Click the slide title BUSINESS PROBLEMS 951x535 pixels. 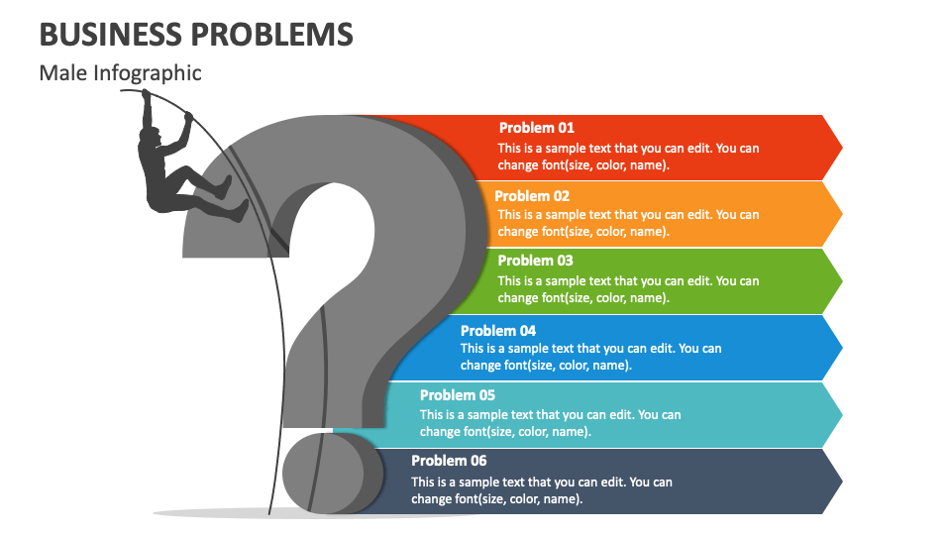pos(196,34)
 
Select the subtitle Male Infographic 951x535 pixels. pos(120,73)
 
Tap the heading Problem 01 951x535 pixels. pos(536,128)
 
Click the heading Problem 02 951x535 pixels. pos(532,196)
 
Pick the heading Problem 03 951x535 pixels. pos(535,261)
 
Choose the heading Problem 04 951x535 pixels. pos(498,331)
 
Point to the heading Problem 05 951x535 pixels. pos(458,395)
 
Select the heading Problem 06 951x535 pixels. pos(449,461)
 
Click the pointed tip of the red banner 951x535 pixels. pos(841,148)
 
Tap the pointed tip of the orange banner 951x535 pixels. pos(841,214)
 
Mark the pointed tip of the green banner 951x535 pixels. pos(841,280)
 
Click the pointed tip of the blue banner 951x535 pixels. pos(841,348)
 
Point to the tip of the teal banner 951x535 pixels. pos(841,414)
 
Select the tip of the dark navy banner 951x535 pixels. pos(841,481)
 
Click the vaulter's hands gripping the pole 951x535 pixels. pos(146,95)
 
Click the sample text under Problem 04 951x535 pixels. pos(590,357)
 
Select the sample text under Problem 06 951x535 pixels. pos(541,490)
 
